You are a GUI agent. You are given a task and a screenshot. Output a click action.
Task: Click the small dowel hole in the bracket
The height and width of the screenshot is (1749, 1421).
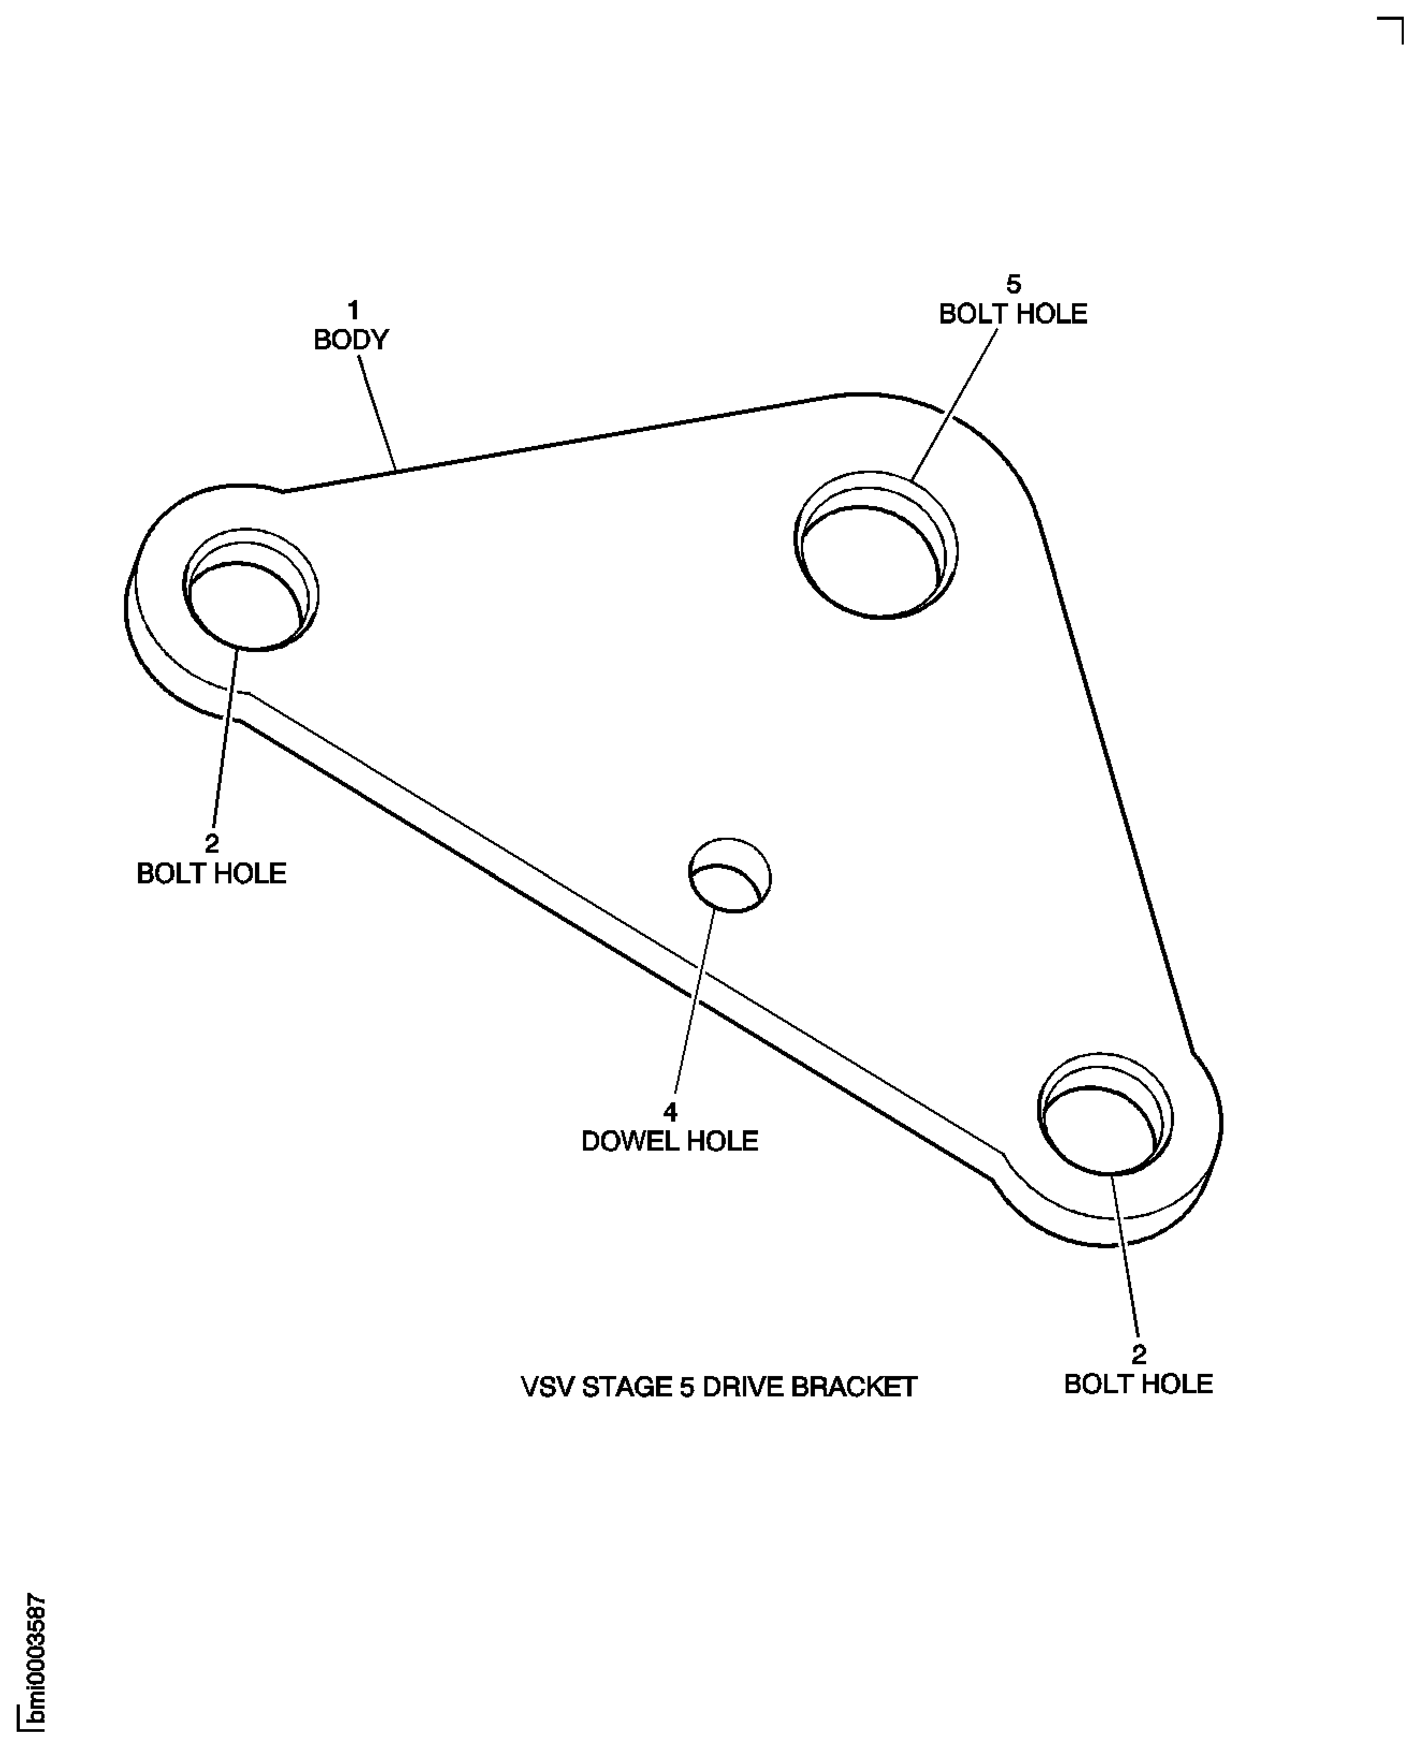tap(730, 874)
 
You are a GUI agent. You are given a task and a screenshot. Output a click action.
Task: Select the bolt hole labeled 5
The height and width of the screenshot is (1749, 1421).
tap(876, 545)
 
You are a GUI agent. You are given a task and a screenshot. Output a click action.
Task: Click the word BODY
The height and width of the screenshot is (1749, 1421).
tap(351, 340)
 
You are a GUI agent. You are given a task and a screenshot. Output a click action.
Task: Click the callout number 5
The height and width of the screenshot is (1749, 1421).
tap(1014, 284)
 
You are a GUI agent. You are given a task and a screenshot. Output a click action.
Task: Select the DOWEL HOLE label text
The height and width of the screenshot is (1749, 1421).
tap(669, 1141)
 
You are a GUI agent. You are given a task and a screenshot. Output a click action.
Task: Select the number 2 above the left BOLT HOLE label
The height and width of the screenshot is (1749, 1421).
tap(212, 844)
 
